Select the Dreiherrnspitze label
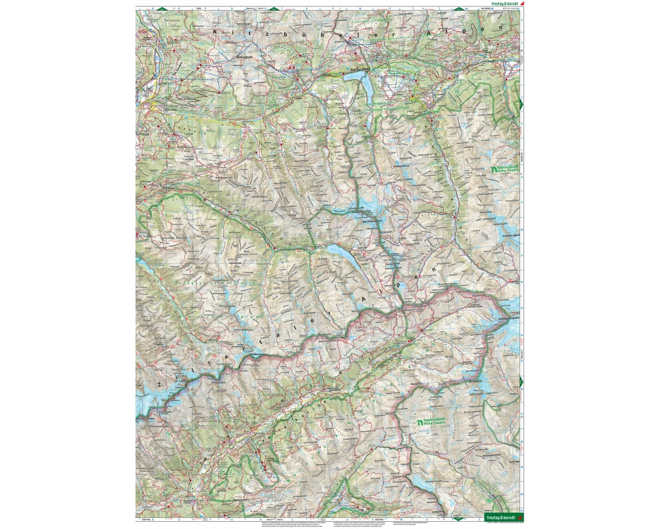(x=509, y=319)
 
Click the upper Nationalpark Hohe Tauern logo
(x=504, y=171)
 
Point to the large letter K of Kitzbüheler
(x=215, y=31)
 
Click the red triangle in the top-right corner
(x=522, y=3)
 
